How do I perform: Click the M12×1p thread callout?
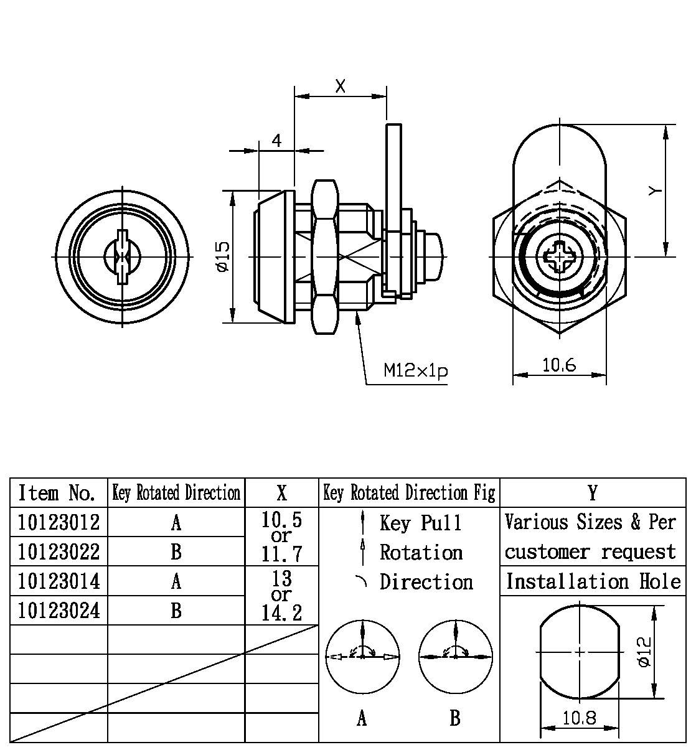415,372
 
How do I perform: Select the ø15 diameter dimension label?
222,256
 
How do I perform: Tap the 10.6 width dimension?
558,365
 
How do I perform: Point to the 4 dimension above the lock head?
276,141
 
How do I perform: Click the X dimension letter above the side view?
340,87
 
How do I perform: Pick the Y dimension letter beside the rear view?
654,190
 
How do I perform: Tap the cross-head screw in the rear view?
559,256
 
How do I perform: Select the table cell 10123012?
59,522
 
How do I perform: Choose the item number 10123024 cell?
59,611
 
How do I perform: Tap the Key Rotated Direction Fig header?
409,493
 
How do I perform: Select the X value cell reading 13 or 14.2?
281,596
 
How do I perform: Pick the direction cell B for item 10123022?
176,551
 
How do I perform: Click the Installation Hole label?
593,581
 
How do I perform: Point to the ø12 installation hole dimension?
644,651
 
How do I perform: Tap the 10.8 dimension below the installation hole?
579,718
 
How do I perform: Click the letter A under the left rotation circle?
362,718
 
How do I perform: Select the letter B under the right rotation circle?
455,718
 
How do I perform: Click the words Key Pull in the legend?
421,523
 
